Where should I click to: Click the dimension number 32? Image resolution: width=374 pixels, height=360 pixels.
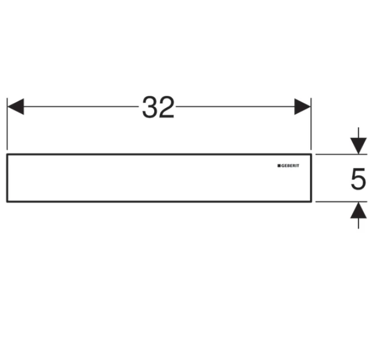(158, 107)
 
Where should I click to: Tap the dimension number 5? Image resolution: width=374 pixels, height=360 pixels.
(358, 179)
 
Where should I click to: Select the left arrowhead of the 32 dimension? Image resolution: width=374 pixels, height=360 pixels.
(15, 107)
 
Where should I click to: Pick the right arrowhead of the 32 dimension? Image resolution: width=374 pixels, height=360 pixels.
(303, 107)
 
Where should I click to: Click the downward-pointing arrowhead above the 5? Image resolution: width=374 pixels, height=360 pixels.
(358, 146)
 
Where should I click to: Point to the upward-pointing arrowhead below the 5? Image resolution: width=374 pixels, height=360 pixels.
(358, 210)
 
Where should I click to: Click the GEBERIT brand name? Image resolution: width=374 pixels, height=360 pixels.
(290, 166)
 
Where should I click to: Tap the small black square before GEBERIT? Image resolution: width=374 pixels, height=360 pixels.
(279, 166)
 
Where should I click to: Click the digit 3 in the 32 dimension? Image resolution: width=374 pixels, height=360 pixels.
(150, 107)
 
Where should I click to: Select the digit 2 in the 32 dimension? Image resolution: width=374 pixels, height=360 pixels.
(167, 107)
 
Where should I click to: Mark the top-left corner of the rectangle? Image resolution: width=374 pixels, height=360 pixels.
(7, 155)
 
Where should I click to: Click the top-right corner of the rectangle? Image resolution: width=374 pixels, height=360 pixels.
(311, 155)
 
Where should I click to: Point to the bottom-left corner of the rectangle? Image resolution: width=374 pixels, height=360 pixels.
(7, 201)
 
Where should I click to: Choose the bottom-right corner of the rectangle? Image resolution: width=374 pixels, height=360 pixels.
(311, 201)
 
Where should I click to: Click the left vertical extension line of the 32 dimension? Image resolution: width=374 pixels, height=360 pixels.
(7, 124)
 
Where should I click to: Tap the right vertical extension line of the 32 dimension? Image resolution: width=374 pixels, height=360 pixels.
(311, 124)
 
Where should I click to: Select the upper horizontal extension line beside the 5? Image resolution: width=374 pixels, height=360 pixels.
(341, 155)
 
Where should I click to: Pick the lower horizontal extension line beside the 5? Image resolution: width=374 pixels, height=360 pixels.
(341, 201)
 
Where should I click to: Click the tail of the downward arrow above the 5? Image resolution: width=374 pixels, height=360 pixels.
(358, 128)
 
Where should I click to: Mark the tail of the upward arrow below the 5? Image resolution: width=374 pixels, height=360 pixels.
(358, 228)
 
